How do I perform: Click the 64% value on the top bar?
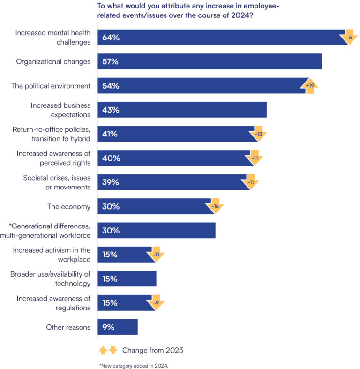coord(111,38)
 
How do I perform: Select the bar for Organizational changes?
coord(209,61)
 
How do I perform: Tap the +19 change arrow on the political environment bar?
coord(310,86)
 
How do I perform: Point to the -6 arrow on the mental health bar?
coord(348,38)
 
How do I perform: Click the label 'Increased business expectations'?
coord(60,110)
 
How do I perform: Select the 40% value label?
coord(111,158)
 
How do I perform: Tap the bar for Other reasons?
coord(117,327)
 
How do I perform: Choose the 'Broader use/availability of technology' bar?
coord(127,279)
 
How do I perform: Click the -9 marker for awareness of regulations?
coord(157,303)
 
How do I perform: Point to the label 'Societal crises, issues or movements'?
coord(57,182)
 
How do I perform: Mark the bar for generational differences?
coord(156,231)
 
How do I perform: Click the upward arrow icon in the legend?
coord(103,350)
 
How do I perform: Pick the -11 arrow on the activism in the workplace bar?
coord(157,255)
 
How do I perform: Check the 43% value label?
coord(111,110)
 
